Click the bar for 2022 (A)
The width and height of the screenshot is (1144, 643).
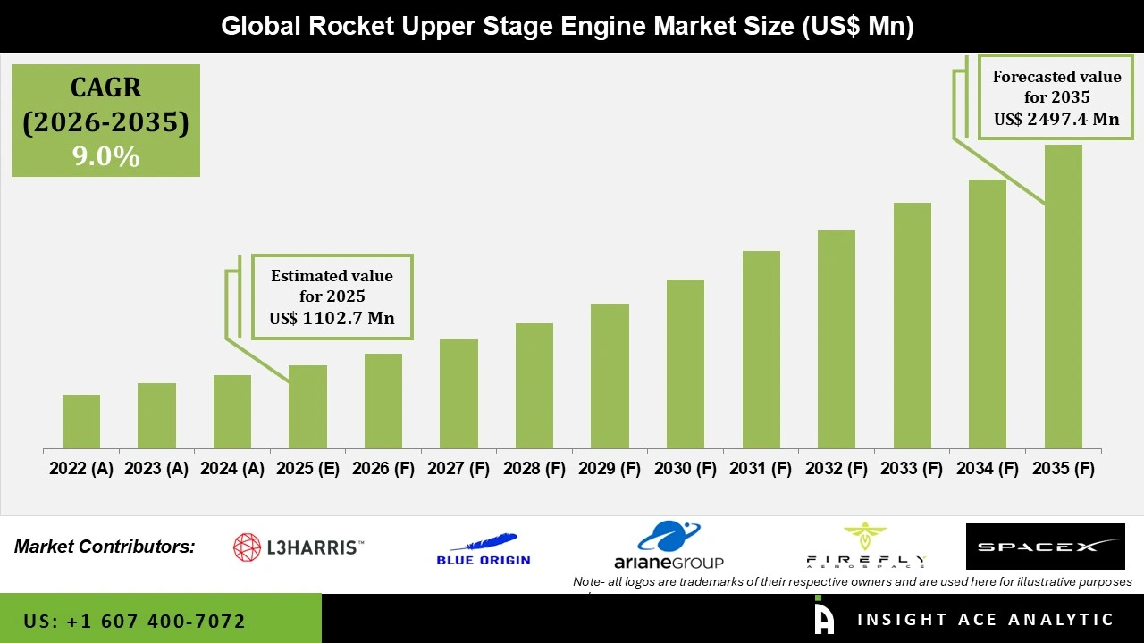tap(81, 422)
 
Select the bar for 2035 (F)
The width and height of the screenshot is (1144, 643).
tap(1063, 296)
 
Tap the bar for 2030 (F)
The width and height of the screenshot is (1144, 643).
tap(686, 363)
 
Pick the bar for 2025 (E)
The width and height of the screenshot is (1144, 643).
tap(307, 406)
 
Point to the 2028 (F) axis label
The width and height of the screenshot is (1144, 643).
tap(534, 469)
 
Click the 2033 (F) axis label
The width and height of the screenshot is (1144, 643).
tap(912, 469)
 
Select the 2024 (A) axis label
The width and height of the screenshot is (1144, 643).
tap(232, 469)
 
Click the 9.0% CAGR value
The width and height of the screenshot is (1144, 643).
tap(105, 157)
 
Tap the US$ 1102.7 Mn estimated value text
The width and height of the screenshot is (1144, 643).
tap(332, 318)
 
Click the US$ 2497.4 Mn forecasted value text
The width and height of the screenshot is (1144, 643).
tap(1056, 119)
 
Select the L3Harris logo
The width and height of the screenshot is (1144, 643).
tap(298, 547)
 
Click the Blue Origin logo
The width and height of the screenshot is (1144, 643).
tap(484, 548)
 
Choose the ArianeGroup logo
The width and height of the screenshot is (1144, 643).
tap(669, 546)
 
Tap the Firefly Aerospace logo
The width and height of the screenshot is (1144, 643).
tap(864, 546)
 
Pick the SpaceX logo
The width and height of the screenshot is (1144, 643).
tap(1045, 547)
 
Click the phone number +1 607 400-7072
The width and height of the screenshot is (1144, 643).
tap(135, 621)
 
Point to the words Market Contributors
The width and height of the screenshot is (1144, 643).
tap(105, 547)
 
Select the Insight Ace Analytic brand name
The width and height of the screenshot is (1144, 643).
tap(985, 620)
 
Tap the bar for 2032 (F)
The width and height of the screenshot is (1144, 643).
tap(837, 339)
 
